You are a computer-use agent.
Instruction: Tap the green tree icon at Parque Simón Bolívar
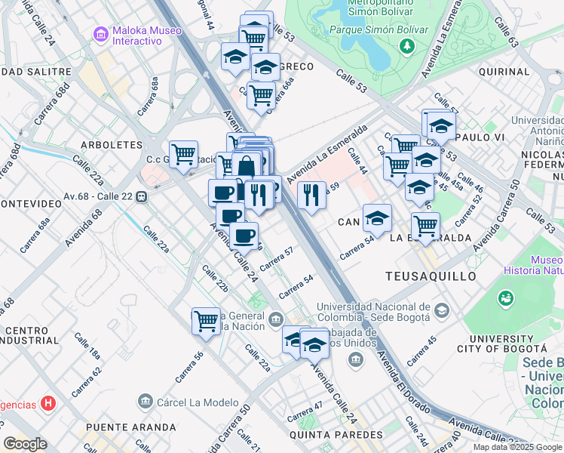[x=407, y=46]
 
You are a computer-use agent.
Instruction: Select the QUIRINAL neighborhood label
[x=504, y=72]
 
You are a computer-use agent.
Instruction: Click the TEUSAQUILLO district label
[x=431, y=276]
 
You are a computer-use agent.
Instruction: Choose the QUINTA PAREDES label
[x=336, y=435]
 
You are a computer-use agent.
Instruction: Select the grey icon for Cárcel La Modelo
[x=146, y=401]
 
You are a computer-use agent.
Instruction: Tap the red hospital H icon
[x=48, y=402]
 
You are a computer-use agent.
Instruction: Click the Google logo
[x=25, y=444]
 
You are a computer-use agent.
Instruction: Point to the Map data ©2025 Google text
[x=517, y=447]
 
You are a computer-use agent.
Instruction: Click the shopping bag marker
[x=247, y=167]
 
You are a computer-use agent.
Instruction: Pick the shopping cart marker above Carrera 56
[x=205, y=321]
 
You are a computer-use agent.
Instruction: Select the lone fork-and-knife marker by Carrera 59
[x=311, y=195]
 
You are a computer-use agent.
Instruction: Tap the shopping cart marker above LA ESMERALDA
[x=425, y=225]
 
